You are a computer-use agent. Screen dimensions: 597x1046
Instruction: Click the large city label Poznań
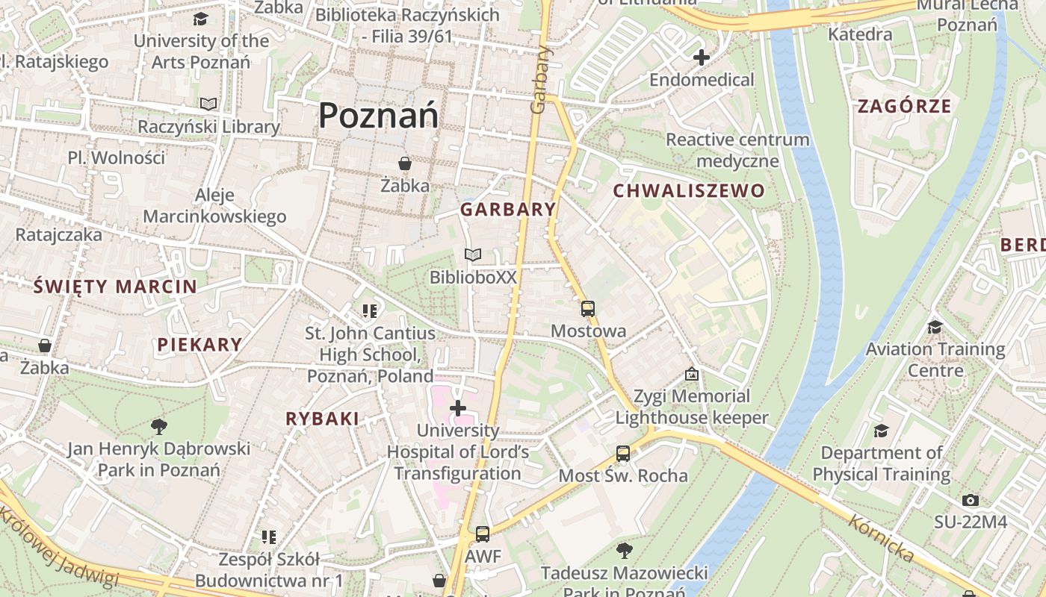tap(378, 116)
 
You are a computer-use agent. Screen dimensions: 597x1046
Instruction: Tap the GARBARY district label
tap(508, 210)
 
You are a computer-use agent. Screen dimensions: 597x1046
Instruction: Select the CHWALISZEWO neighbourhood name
tap(689, 191)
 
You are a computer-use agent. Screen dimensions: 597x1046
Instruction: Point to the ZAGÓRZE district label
tap(904, 106)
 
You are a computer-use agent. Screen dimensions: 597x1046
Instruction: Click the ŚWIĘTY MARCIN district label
tap(116, 287)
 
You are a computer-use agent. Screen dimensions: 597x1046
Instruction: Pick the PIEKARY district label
tap(199, 345)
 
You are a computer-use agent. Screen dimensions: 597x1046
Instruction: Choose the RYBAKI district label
tap(322, 419)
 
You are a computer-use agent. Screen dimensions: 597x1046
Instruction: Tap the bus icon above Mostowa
tap(588, 308)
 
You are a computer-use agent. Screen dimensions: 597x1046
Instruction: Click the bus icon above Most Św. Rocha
tap(622, 453)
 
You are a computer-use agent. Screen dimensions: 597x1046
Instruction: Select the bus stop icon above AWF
tap(483, 534)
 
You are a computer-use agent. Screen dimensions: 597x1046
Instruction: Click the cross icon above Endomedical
tap(701, 57)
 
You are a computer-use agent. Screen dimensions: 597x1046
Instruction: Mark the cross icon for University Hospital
tap(458, 408)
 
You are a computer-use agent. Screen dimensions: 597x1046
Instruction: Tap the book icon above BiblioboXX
tap(472, 255)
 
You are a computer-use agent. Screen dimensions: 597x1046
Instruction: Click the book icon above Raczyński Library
tap(208, 104)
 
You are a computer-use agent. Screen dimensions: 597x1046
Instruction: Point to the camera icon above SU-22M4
tap(970, 500)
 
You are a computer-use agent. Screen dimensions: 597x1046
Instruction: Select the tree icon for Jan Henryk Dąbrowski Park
tap(158, 426)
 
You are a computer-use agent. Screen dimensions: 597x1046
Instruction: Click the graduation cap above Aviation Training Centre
tap(934, 327)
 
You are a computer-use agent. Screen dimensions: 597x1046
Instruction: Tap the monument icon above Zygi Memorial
tap(692, 374)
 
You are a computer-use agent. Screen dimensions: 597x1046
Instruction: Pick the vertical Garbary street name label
tap(539, 80)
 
